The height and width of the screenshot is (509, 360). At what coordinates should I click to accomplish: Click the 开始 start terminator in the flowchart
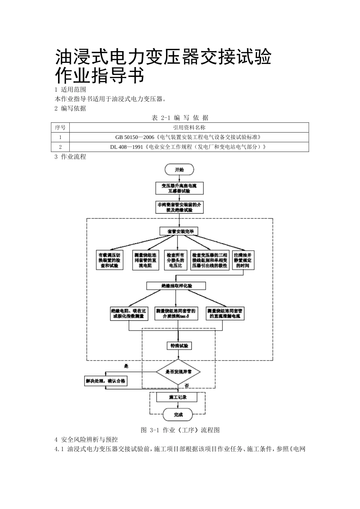point(179,170)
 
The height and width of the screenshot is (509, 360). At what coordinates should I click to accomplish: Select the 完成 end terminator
point(178,415)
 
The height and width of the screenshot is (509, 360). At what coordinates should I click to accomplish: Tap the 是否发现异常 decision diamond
point(178,372)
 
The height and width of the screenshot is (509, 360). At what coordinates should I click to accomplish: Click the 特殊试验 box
point(178,346)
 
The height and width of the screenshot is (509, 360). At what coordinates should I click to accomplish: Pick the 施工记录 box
point(177,397)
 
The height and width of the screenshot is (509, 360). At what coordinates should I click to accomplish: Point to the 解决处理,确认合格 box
point(105,381)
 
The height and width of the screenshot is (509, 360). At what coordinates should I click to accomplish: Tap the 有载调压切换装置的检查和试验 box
point(110,261)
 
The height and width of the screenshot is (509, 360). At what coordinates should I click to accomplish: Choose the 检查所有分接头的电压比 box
point(175,261)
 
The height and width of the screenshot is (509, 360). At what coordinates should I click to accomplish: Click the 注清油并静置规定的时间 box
point(243,261)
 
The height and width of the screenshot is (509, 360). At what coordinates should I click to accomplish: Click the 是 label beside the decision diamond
point(126,366)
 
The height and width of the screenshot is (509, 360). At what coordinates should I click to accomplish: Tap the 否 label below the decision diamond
point(186,386)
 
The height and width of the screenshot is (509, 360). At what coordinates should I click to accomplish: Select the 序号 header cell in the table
point(60,128)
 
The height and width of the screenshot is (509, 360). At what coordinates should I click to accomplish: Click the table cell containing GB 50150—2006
point(189,137)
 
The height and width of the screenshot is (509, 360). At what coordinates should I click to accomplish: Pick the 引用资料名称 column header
point(189,128)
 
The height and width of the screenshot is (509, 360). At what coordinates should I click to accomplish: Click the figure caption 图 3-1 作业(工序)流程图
point(180,430)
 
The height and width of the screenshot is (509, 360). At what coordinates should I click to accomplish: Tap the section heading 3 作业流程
point(70,157)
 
